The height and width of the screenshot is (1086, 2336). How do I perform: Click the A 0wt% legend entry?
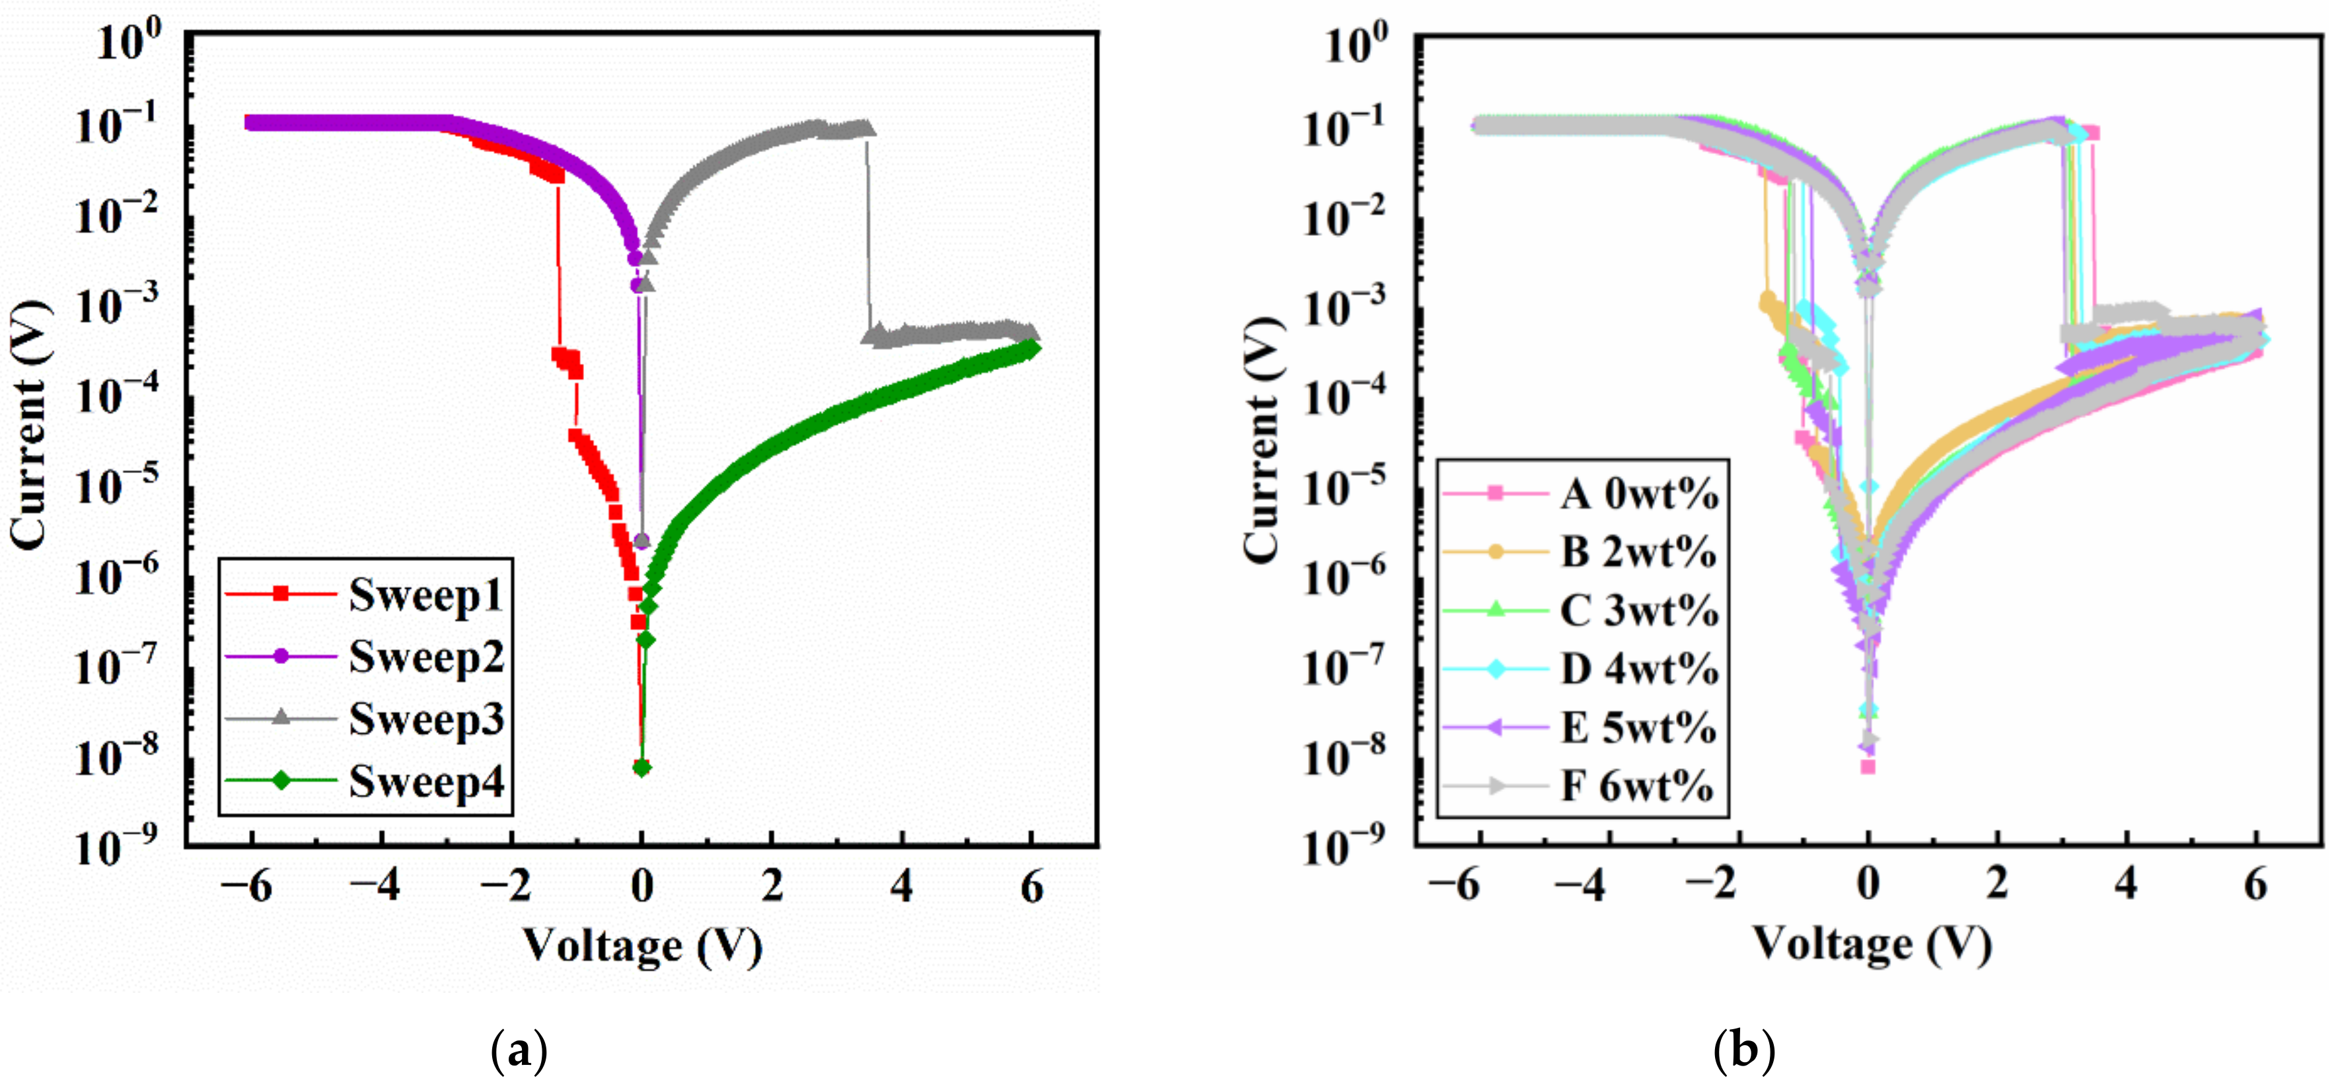(x=1638, y=494)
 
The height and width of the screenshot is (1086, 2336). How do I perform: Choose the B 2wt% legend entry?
(x=1638, y=552)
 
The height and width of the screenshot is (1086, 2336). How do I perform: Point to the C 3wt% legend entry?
(x=1638, y=610)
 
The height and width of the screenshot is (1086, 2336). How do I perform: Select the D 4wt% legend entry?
(x=1638, y=669)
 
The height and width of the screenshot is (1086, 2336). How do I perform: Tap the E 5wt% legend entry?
(x=1638, y=727)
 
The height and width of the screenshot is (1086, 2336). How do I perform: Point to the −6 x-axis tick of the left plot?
(x=246, y=887)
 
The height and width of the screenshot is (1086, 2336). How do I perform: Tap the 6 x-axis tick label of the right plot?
(x=2255, y=885)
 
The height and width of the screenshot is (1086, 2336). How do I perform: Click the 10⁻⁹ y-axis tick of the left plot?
(x=117, y=846)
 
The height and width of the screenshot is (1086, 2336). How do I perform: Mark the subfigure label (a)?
(x=519, y=1052)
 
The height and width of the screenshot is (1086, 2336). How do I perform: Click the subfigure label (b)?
(x=1745, y=1052)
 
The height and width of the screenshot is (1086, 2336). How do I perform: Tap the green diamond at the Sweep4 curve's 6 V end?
(x=1030, y=349)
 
